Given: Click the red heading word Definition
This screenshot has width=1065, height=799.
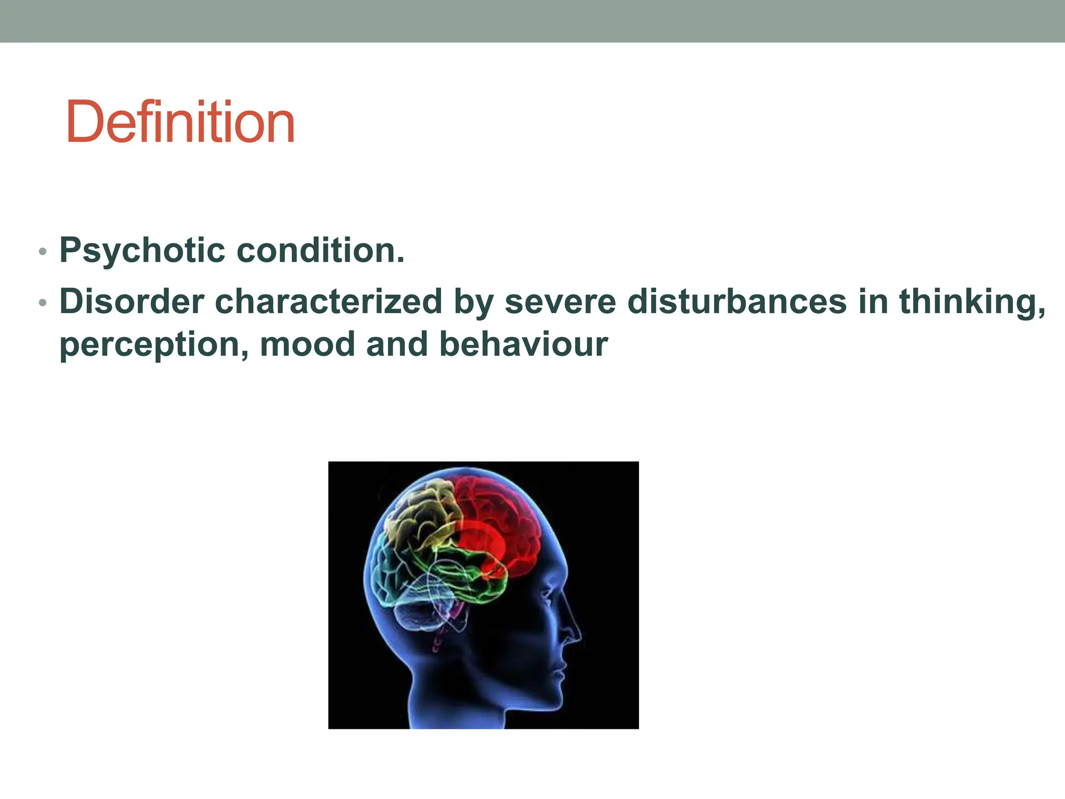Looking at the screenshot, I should pyautogui.click(x=180, y=122).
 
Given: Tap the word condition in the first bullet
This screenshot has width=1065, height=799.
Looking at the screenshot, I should pyautogui.click(x=320, y=251).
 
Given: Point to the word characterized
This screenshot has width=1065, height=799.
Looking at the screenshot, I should pyautogui.click(x=328, y=302).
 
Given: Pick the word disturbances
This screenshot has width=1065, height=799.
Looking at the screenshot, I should pyautogui.click(x=737, y=302).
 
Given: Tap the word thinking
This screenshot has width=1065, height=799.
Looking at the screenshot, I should pyautogui.click(x=971, y=302).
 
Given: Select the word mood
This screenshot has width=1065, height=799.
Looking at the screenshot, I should pyautogui.click(x=307, y=344).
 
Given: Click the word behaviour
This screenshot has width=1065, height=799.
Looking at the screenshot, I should pyautogui.click(x=523, y=344).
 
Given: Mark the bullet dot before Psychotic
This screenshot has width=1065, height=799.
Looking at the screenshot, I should pyautogui.click(x=43, y=252).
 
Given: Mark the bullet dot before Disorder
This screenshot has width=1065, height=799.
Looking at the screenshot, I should pyautogui.click(x=43, y=303).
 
